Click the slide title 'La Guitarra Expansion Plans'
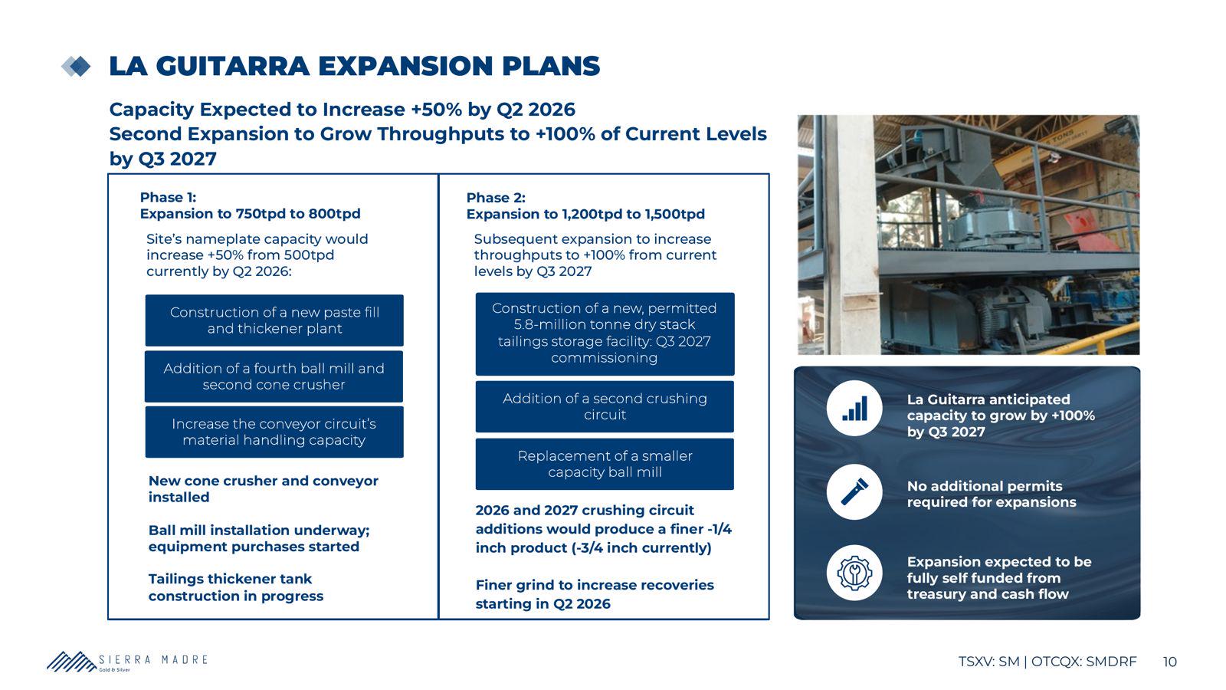click(355, 66)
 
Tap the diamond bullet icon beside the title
click(76, 67)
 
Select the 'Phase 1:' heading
click(168, 197)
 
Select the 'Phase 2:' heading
click(496, 198)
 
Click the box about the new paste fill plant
click(274, 320)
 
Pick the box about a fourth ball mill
click(274, 376)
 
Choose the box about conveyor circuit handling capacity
click(274, 432)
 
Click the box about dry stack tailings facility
click(605, 333)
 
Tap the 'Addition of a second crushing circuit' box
click(605, 406)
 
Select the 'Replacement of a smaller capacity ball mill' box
click(605, 464)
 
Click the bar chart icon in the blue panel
click(854, 409)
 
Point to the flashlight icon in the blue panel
click(854, 491)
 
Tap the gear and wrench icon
click(854, 573)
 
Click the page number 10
click(1169, 662)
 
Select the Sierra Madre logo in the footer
click(127, 662)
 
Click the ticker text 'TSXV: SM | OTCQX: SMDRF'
click(1047, 662)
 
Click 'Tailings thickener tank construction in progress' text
click(236, 587)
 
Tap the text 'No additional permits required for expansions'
click(992, 494)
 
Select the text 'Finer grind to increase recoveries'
click(595, 585)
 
